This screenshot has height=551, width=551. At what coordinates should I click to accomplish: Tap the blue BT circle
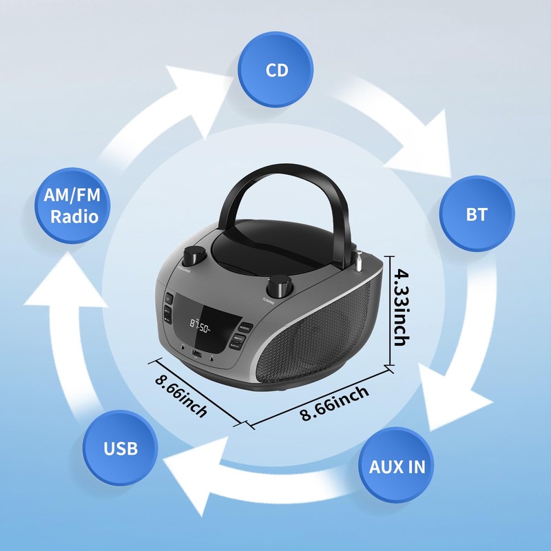click(476, 214)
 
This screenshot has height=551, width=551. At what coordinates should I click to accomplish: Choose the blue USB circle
click(121, 449)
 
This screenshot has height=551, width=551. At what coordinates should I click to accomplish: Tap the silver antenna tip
click(358, 261)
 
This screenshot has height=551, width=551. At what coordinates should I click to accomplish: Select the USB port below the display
click(196, 355)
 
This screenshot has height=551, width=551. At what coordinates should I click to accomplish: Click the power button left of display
click(168, 299)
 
